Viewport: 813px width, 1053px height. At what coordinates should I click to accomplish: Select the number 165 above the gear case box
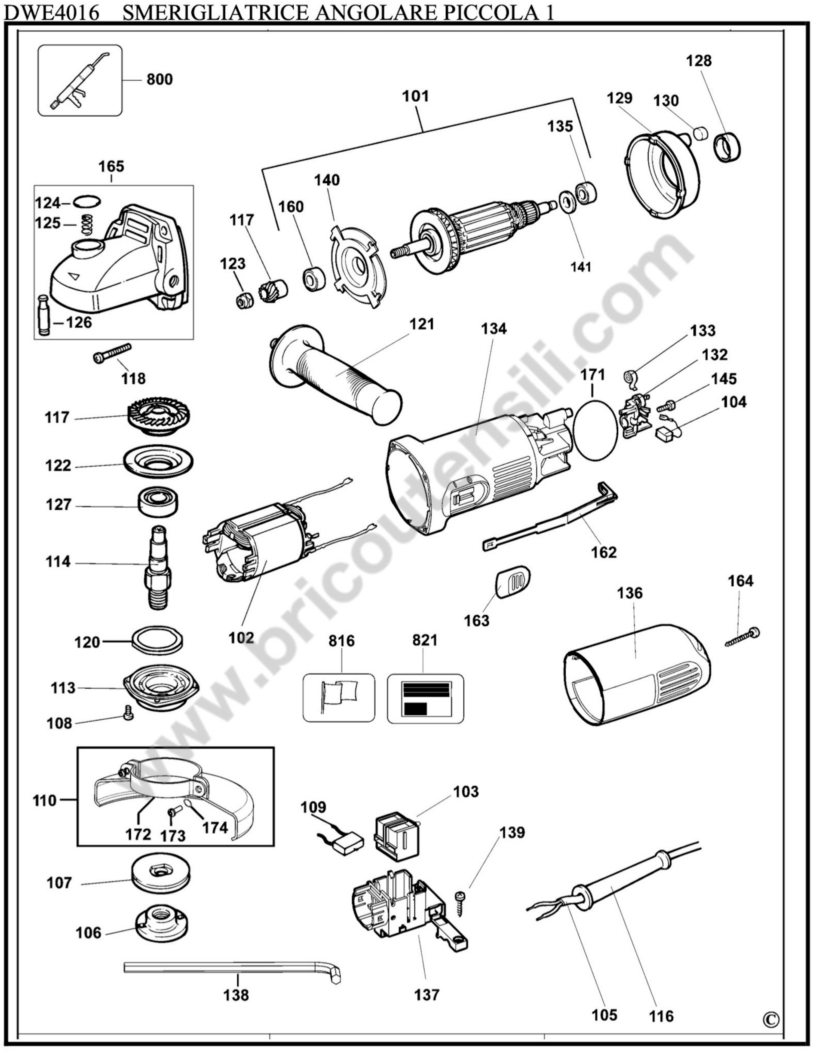[111, 166]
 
